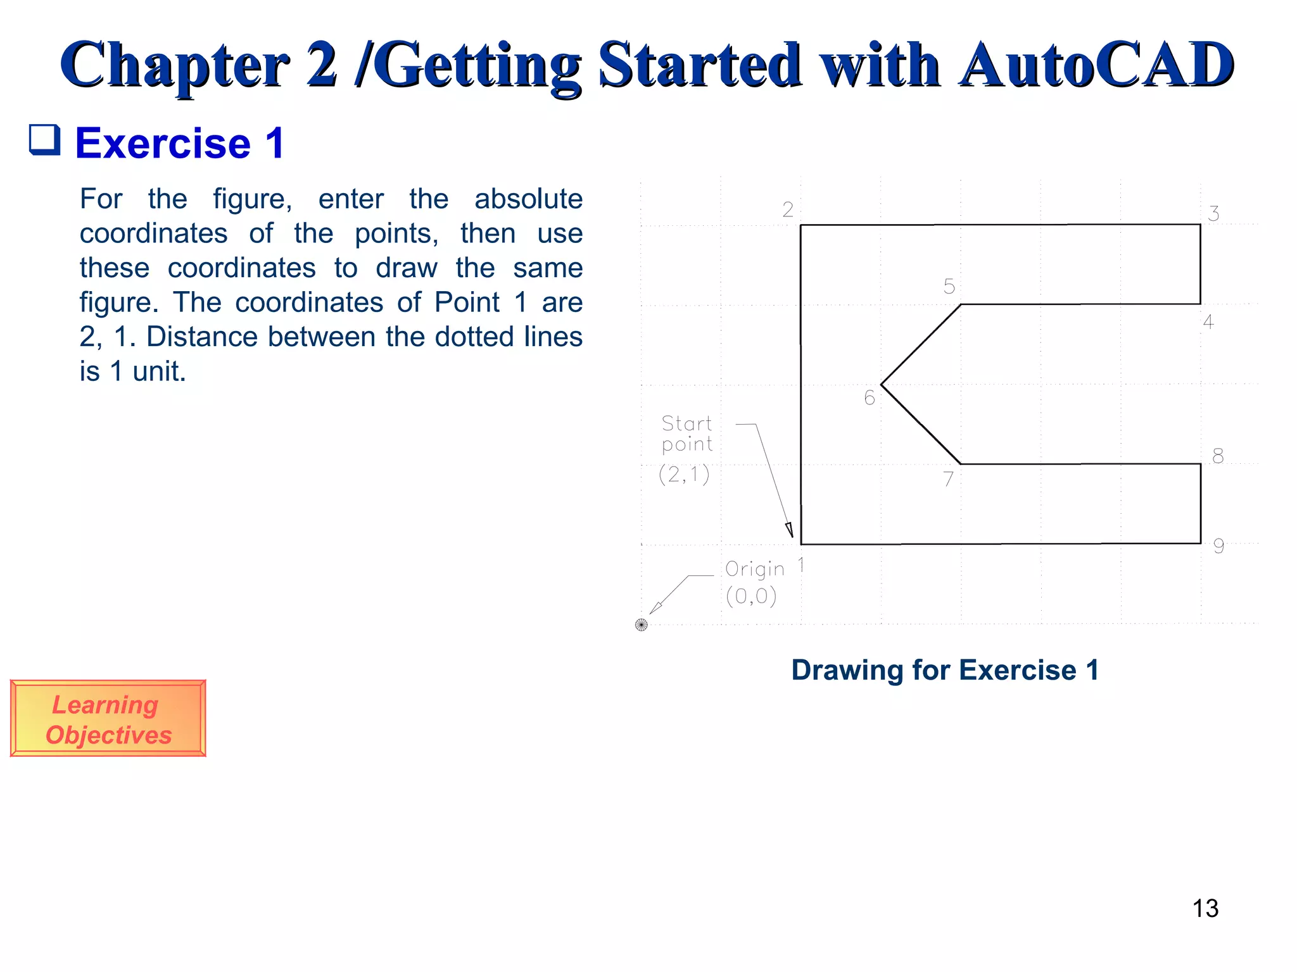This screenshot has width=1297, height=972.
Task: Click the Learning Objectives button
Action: pyautogui.click(x=108, y=718)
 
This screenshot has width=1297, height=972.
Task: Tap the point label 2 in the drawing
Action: pyautogui.click(x=787, y=209)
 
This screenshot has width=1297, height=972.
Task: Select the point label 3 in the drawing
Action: pyautogui.click(x=1213, y=214)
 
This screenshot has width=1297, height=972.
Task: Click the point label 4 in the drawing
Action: pyautogui.click(x=1208, y=322)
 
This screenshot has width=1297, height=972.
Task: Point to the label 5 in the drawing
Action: pyautogui.click(x=949, y=287)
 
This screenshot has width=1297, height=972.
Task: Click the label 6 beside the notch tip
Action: pyautogui.click(x=870, y=398)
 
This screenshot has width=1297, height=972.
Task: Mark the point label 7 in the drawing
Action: pyautogui.click(x=948, y=479)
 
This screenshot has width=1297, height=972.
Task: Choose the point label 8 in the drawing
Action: pyautogui.click(x=1217, y=456)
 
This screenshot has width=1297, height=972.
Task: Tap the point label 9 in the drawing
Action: pyautogui.click(x=1218, y=546)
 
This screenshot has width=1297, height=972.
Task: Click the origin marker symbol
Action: pyautogui.click(x=641, y=625)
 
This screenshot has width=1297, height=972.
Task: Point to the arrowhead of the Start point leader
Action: pyautogui.click(x=790, y=530)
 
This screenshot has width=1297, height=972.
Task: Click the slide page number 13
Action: pyautogui.click(x=1205, y=909)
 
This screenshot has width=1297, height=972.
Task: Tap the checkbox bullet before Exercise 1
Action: pyautogui.click(x=45, y=140)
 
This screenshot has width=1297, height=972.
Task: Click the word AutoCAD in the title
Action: pyautogui.click(x=1096, y=65)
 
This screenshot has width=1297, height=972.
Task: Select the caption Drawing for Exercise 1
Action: pyautogui.click(x=944, y=670)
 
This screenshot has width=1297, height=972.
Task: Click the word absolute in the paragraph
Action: pyautogui.click(x=528, y=199)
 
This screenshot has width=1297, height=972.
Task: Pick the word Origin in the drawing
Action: pyautogui.click(x=754, y=570)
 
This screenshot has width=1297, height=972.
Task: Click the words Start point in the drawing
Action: pyautogui.click(x=686, y=433)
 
